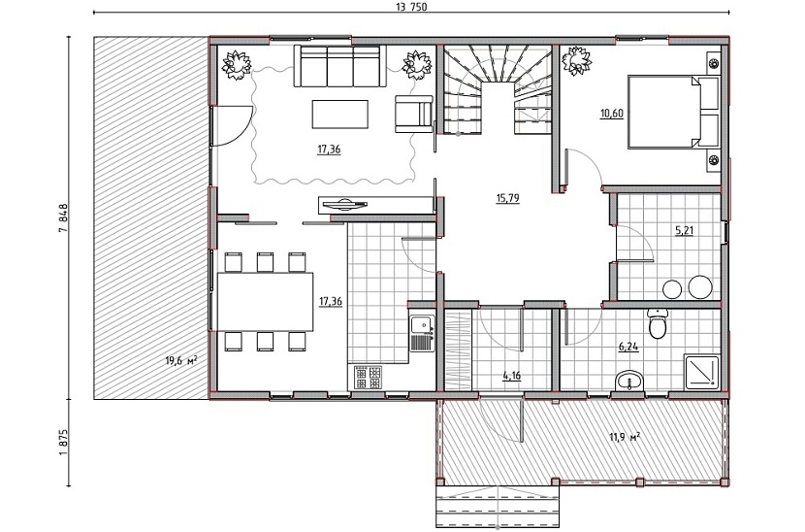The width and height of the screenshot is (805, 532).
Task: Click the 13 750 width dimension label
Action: (411, 7)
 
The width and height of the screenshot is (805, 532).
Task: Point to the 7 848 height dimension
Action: (63, 219)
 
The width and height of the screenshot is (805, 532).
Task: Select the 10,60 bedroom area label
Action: (611, 113)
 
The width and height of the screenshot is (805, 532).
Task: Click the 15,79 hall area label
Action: (508, 198)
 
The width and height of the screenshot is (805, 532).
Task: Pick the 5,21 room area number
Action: (684, 230)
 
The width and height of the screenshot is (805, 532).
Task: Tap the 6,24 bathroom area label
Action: (628, 347)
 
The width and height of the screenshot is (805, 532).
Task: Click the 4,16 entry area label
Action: (511, 376)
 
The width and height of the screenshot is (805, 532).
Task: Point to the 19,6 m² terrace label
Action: (181, 361)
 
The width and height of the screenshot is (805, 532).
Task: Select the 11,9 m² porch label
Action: (625, 438)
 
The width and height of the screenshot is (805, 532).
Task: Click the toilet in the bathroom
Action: (657, 323)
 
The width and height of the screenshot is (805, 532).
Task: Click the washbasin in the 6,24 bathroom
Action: (628, 381)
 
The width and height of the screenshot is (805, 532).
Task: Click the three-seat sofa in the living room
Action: (339, 66)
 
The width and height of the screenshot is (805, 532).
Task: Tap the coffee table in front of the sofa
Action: (340, 115)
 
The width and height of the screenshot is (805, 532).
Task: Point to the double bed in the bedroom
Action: (672, 112)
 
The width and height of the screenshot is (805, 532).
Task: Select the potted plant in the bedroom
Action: (577, 60)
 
